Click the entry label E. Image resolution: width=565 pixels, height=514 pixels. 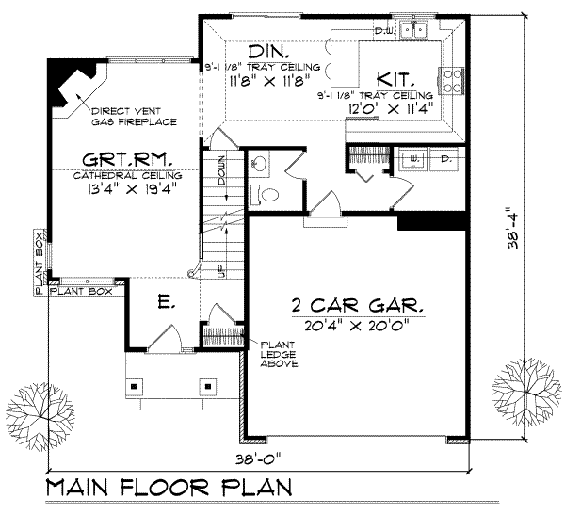pyautogui.click(x=165, y=304)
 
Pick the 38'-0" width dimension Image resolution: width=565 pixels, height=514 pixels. pyautogui.click(x=259, y=463)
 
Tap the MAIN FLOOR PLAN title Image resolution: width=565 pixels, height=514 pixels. pyautogui.click(x=166, y=490)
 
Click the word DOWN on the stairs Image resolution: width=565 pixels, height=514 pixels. pyautogui.click(x=218, y=170)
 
